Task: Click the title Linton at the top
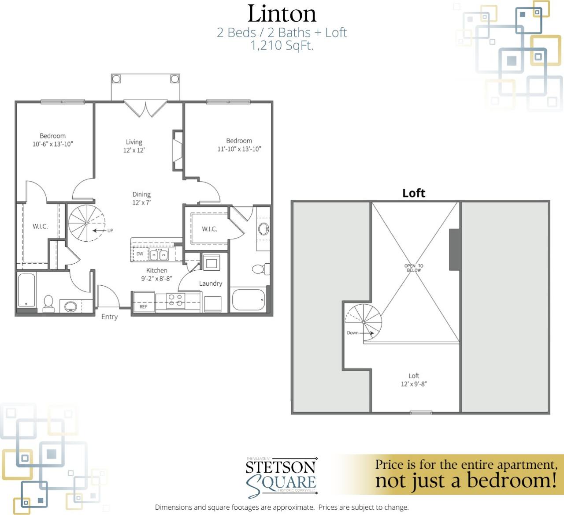282,14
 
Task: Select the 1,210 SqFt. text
282,45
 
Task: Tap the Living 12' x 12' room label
134,146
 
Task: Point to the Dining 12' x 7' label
141,198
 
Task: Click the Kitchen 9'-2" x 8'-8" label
156,274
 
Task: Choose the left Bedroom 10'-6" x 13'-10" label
52,140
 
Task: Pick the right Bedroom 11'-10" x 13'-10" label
239,145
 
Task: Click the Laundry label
210,284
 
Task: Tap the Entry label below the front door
109,317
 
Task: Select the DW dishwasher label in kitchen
140,254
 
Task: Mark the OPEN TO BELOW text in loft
414,268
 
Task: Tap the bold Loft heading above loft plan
413,193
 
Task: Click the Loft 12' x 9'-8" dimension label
413,380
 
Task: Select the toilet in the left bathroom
48,303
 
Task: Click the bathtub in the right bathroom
249,300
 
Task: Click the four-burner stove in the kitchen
175,300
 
